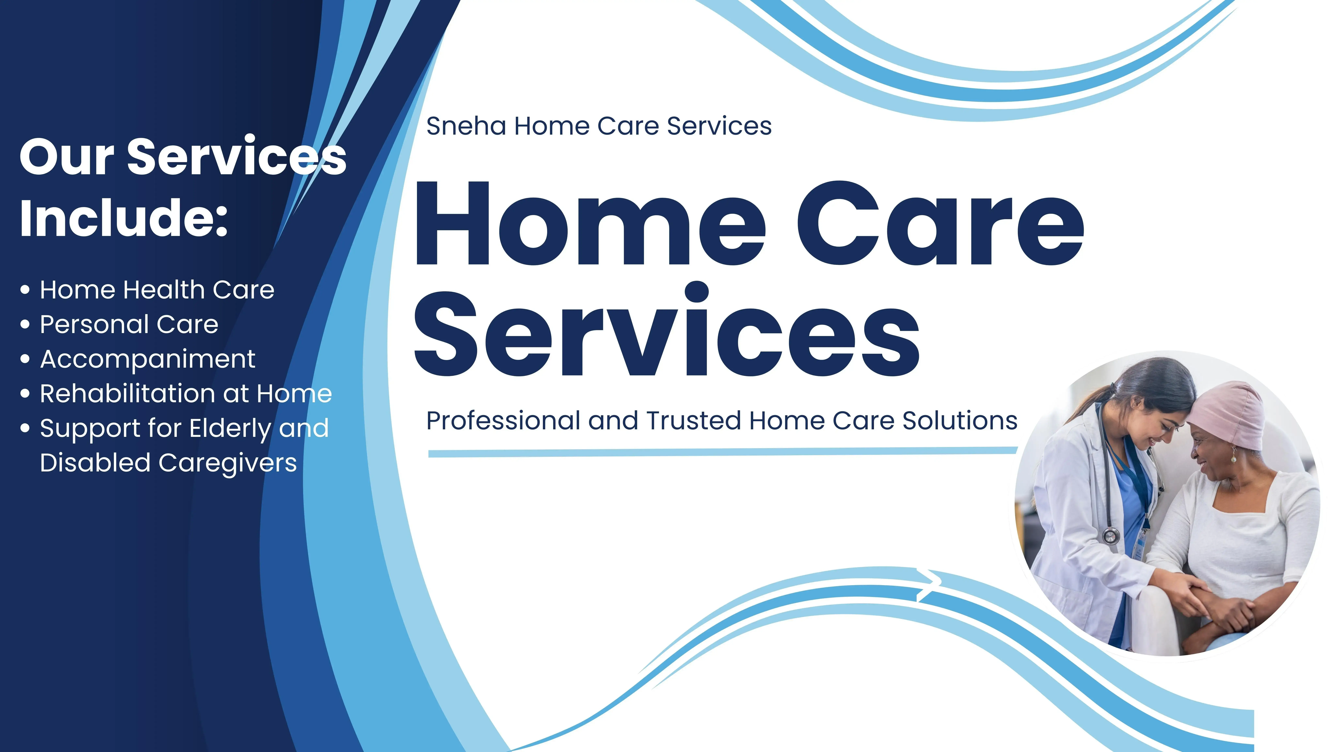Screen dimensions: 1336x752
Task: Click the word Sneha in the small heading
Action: [466, 126]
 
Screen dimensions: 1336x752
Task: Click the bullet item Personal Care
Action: [129, 324]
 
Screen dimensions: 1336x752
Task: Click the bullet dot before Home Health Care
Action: [25, 290]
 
